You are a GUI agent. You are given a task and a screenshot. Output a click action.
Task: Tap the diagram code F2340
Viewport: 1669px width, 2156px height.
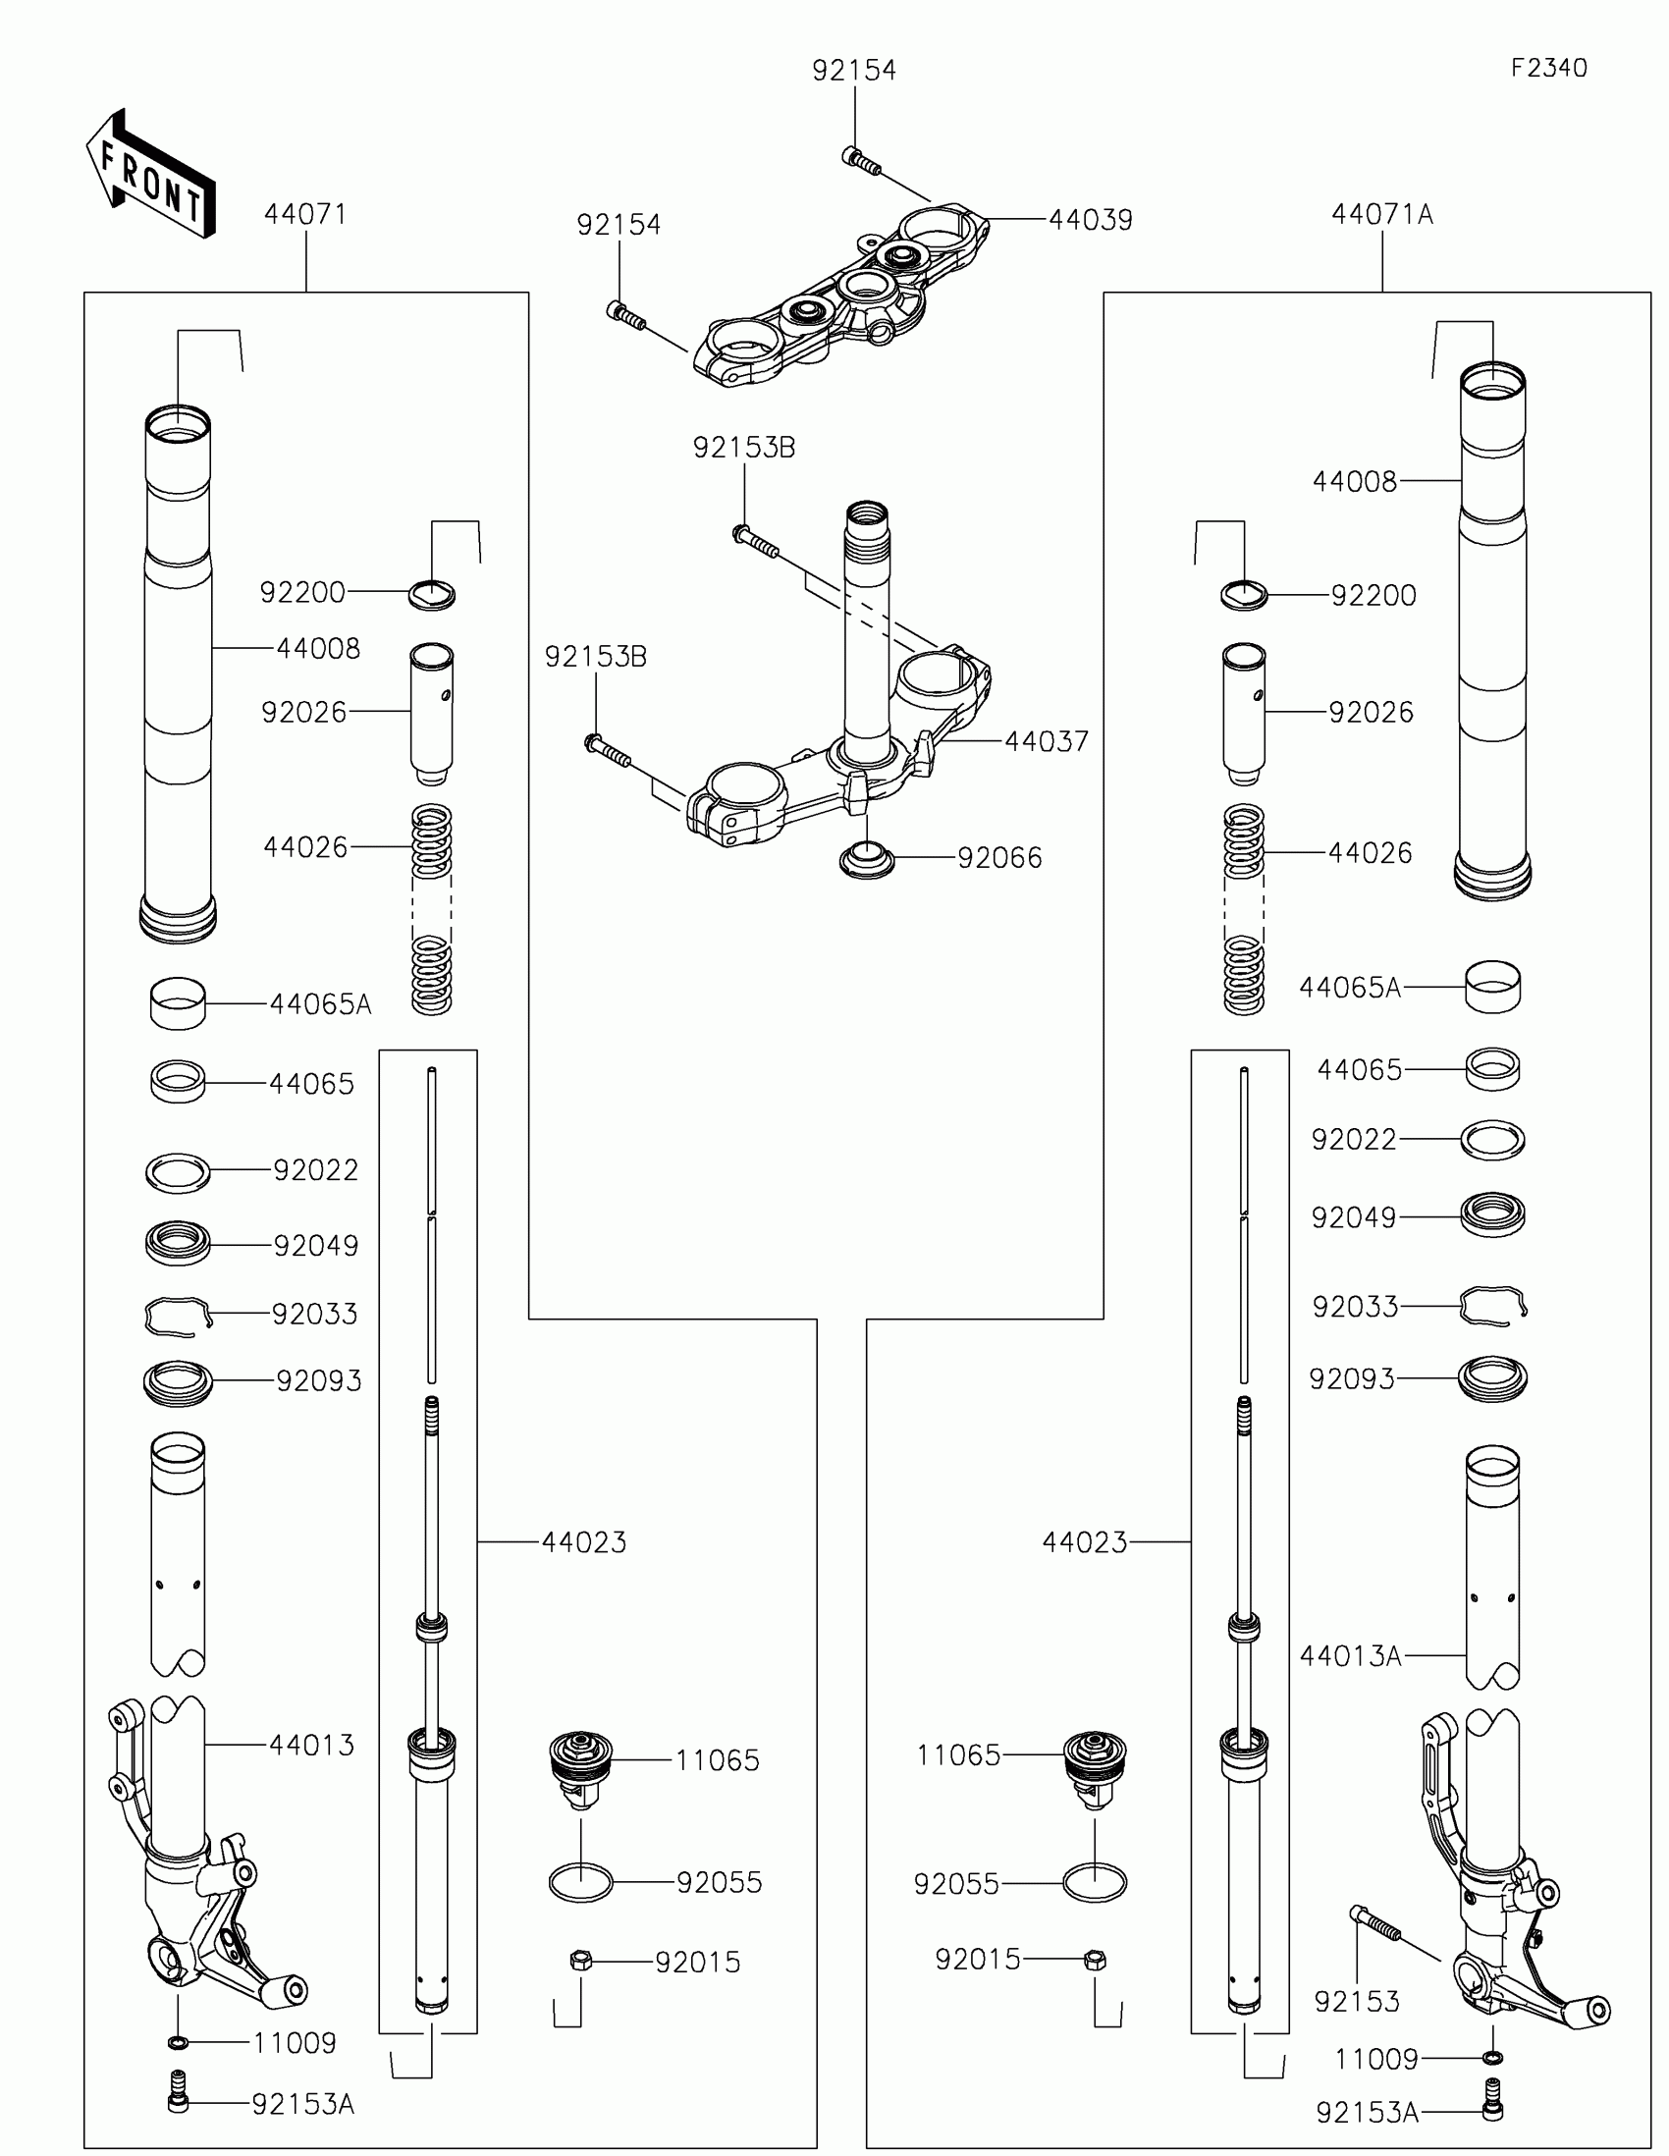point(1547,68)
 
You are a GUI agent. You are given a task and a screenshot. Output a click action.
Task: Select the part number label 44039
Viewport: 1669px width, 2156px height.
point(1090,220)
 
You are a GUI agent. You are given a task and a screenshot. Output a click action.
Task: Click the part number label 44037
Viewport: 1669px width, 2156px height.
point(1047,741)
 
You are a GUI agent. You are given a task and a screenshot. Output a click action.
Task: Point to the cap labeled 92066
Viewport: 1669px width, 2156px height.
point(867,859)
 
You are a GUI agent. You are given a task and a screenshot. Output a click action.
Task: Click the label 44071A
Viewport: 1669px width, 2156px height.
point(1381,214)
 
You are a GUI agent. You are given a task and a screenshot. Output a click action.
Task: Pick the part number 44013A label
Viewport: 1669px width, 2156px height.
point(1350,1655)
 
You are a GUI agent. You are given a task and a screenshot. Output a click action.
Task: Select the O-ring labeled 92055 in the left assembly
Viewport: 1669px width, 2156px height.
point(581,1881)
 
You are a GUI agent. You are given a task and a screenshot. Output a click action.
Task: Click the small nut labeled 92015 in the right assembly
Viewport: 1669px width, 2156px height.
point(1094,1960)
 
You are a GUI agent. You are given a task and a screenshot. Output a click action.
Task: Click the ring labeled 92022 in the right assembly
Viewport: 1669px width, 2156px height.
point(1492,1140)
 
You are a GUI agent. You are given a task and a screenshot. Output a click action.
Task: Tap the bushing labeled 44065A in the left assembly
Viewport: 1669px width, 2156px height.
point(178,1003)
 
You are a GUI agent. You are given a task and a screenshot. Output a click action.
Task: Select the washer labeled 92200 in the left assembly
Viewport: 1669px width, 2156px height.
point(432,595)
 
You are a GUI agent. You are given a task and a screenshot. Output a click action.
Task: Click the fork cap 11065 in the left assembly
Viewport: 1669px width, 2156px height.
point(581,1768)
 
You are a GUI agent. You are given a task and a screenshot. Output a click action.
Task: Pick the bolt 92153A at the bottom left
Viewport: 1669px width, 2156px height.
point(178,2103)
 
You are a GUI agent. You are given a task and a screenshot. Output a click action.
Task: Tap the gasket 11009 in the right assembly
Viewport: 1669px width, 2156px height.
point(1492,2057)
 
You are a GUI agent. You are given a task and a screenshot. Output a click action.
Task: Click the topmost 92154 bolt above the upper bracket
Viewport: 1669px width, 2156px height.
point(861,160)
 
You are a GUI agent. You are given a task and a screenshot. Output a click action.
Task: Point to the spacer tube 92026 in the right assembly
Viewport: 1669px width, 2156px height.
point(1244,713)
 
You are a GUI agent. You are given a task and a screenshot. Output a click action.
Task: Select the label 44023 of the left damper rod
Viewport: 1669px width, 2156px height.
point(583,1542)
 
